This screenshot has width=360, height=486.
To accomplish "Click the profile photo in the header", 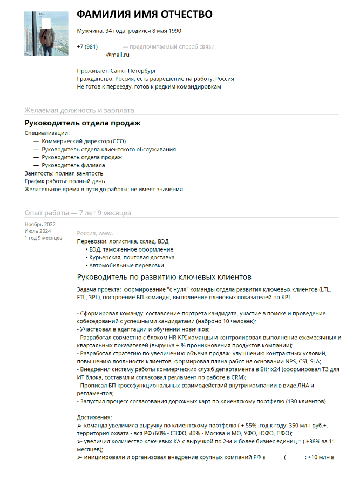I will [x=46, y=33].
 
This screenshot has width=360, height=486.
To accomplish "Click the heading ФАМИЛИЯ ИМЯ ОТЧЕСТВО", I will [x=145, y=15].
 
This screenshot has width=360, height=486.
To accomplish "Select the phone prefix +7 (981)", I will [x=87, y=47].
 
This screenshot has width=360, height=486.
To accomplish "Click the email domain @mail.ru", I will [x=118, y=55].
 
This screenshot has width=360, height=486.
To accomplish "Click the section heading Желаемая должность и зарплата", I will [x=79, y=110].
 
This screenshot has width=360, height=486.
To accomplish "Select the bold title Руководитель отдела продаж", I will [x=83, y=123].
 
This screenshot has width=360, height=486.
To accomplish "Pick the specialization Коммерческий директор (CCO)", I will [x=84, y=141].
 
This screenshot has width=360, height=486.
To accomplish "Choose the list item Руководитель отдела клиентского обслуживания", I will [x=108, y=149].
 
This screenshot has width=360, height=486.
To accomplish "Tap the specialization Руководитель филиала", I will [x=73, y=165].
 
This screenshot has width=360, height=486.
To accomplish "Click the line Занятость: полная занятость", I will [x=64, y=173].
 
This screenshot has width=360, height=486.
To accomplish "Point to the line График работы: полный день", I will [x=65, y=181].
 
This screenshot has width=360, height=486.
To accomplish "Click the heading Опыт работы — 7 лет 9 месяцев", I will [x=78, y=213].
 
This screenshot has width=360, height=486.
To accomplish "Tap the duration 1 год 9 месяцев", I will [x=44, y=238].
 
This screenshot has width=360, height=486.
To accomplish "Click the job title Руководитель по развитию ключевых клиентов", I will [x=164, y=278].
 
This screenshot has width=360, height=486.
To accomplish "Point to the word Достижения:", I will [x=94, y=417].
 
